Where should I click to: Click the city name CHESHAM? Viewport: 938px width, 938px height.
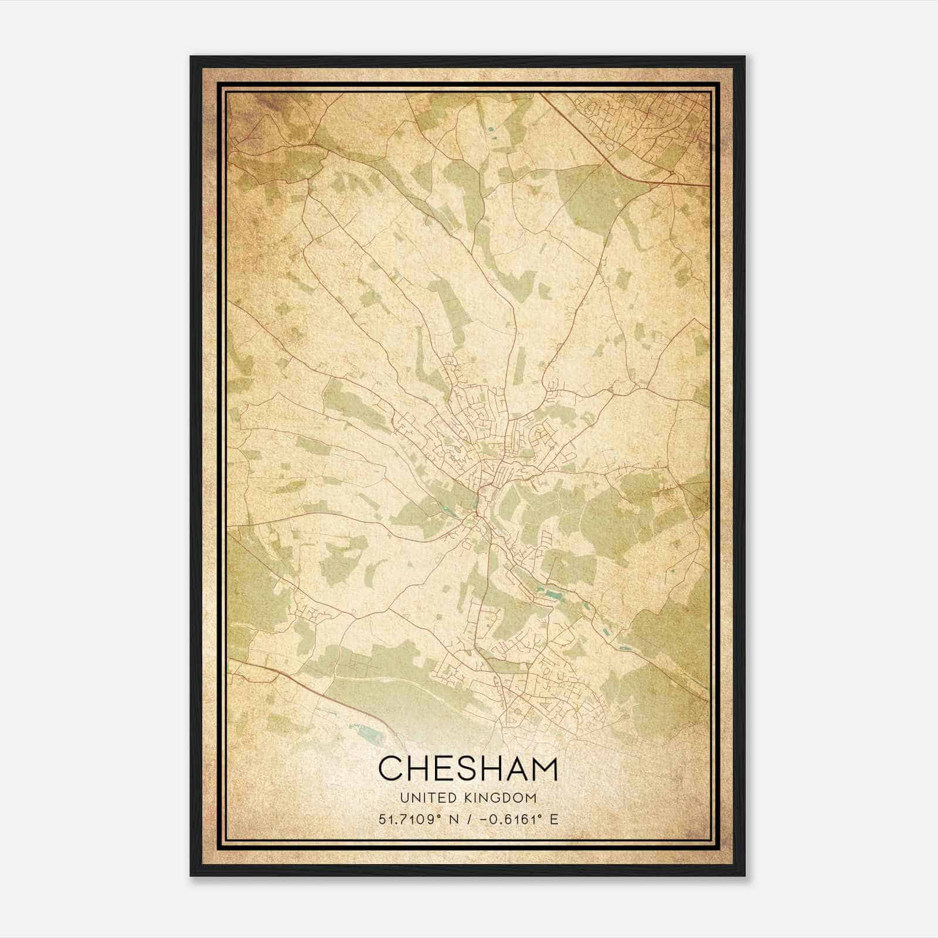(468, 768)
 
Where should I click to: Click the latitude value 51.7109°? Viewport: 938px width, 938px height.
(412, 819)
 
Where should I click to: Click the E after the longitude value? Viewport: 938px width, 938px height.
(554, 819)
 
